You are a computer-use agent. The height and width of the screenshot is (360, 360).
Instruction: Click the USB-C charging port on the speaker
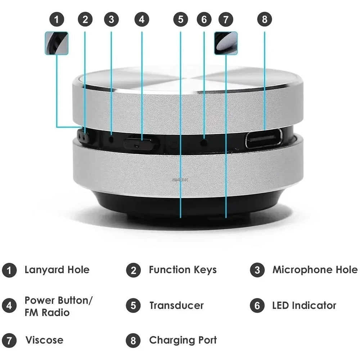264,139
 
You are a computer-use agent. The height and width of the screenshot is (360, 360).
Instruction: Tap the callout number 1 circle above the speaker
57,19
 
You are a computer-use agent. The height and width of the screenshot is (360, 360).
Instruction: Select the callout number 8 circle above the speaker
265,19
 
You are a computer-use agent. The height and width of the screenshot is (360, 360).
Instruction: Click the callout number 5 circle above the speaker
180,19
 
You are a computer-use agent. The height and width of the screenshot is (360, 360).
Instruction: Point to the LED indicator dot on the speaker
204,142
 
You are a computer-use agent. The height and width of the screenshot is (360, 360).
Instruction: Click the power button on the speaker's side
141,143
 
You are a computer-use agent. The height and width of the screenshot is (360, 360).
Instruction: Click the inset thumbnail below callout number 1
57,43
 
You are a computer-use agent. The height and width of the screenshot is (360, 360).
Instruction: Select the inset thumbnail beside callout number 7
226,43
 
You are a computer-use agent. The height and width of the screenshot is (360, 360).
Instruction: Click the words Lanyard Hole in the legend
57,270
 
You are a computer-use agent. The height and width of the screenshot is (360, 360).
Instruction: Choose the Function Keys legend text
183,270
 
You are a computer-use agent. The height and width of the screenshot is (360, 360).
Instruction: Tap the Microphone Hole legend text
315,270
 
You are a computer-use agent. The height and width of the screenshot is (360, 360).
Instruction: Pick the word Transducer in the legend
176,306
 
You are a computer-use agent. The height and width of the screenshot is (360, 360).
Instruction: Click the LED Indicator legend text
304,306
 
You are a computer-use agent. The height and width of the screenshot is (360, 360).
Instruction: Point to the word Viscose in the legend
44,340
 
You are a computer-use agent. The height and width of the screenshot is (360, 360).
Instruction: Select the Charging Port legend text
183,340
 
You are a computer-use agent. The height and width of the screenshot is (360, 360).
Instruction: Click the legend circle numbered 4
9,306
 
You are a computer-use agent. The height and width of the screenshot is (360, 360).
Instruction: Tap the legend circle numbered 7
9,340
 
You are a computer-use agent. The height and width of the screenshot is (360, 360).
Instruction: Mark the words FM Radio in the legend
47,312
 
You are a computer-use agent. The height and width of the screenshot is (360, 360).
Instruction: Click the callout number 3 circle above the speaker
111,19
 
